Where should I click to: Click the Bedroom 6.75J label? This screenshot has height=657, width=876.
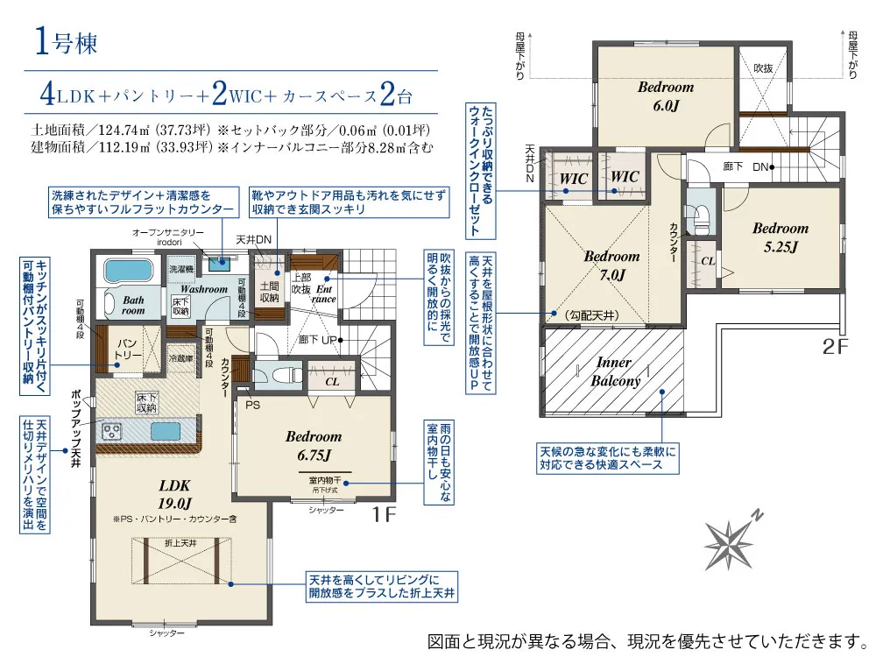click(313, 445)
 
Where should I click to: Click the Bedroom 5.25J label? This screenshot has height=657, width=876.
click(780, 237)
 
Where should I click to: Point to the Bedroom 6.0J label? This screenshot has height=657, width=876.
click(665, 95)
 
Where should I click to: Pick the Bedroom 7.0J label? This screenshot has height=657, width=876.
click(611, 265)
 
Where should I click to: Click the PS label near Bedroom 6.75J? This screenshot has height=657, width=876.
click(254, 405)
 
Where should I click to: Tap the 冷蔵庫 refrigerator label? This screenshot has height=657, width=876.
click(180, 357)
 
